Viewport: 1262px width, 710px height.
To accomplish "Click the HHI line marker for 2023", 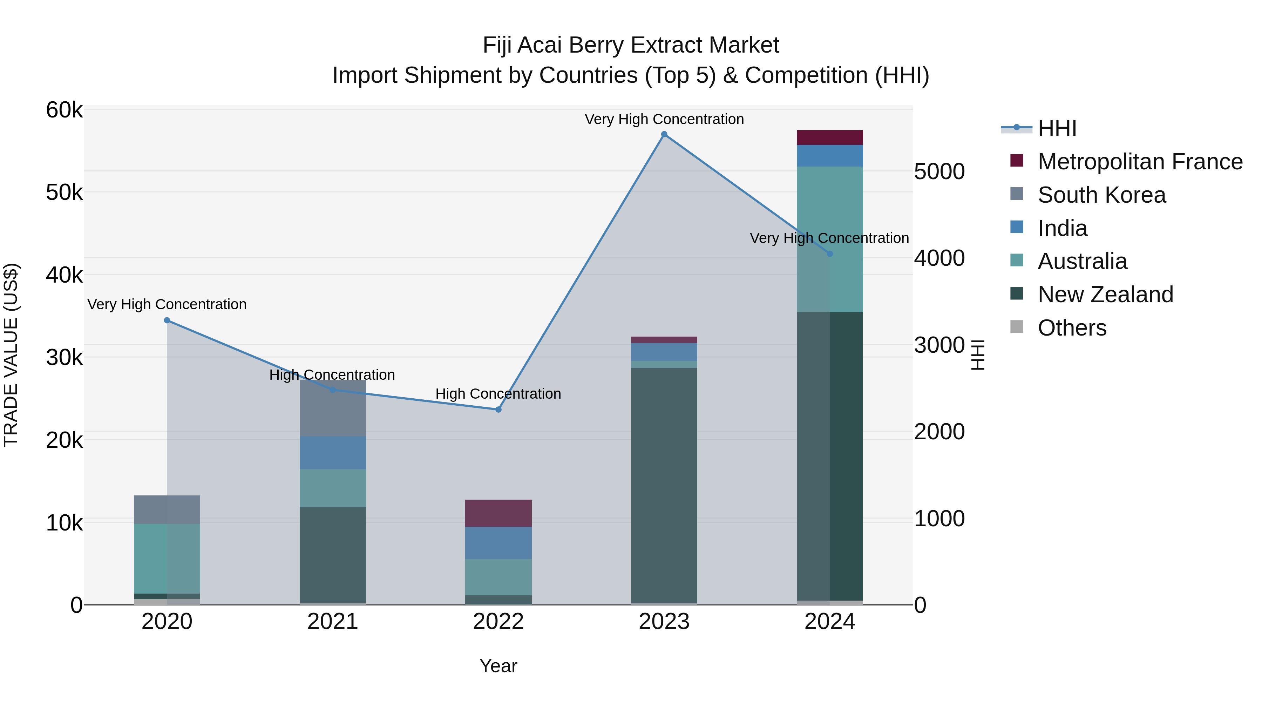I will [664, 134].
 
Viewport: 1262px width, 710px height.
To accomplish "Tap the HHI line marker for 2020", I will [167, 320].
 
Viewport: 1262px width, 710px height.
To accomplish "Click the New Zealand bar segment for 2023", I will [664, 485].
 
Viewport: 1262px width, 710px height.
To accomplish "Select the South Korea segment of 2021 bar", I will [333, 408].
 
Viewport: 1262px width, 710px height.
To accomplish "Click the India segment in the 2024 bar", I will [829, 156].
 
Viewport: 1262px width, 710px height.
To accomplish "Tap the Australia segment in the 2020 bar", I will [167, 559].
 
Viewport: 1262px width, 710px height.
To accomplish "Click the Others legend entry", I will [1072, 328].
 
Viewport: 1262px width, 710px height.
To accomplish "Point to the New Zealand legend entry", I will [1105, 295].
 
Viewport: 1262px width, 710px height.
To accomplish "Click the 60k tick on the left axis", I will [64, 110].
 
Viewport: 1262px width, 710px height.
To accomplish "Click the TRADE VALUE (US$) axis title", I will [11, 355].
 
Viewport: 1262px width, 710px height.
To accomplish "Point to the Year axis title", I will [498, 666].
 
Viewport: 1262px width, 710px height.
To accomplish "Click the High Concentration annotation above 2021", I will [332, 375].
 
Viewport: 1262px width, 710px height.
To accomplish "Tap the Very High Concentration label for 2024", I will [829, 238].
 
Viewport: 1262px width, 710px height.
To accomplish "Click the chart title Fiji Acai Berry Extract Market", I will [631, 45].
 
